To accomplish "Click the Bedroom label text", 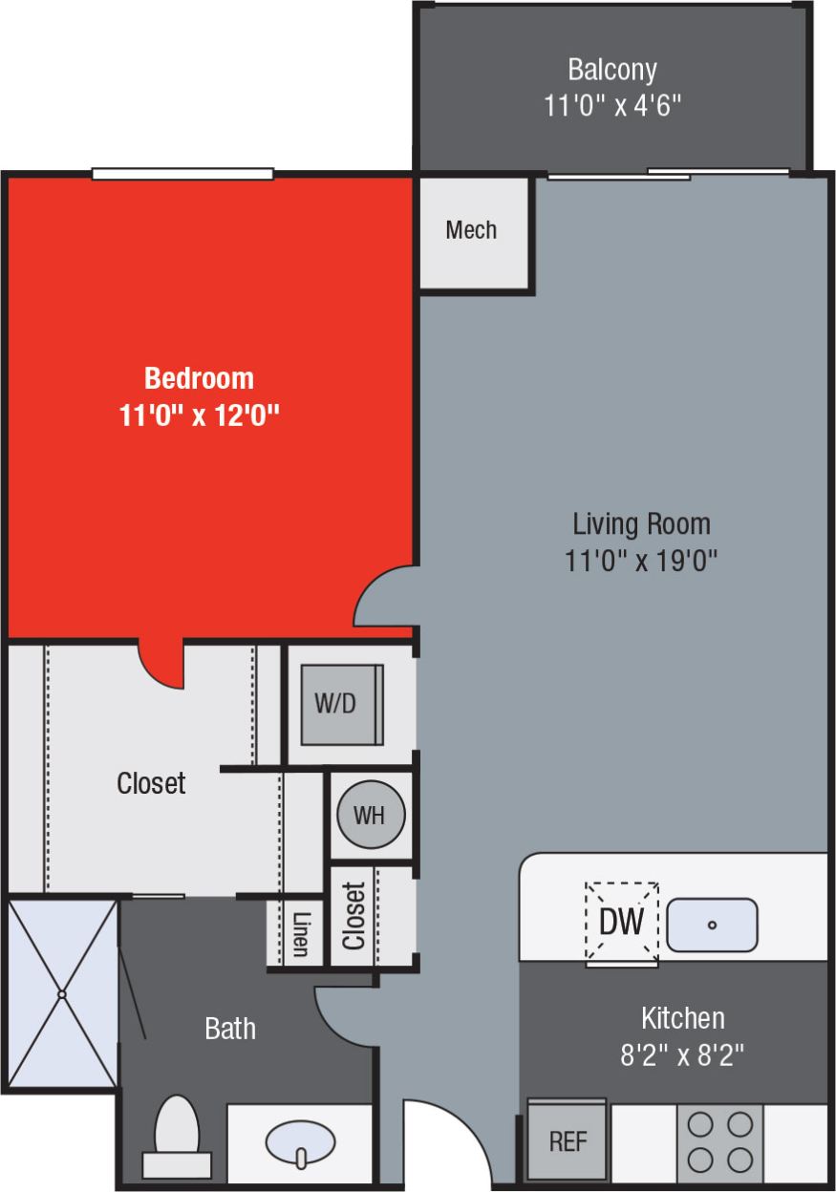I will coord(199,378).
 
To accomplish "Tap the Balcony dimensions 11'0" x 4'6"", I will coord(612,105).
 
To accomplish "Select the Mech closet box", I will coord(472,231).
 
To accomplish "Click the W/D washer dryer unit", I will coord(341,704).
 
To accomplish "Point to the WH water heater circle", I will coord(370,816).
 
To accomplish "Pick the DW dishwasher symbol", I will coord(621,921).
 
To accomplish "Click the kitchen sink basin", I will coord(712,925).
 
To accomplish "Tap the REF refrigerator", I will coord(568,1141).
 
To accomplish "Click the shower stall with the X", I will coord(61,994).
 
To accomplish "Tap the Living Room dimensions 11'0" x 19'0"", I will coord(641,559).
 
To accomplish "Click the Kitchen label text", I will coord(682,1017).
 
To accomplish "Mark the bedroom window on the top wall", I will coord(182,174).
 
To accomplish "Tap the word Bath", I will coord(230,1029).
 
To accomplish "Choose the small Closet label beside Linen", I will coord(354,916).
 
